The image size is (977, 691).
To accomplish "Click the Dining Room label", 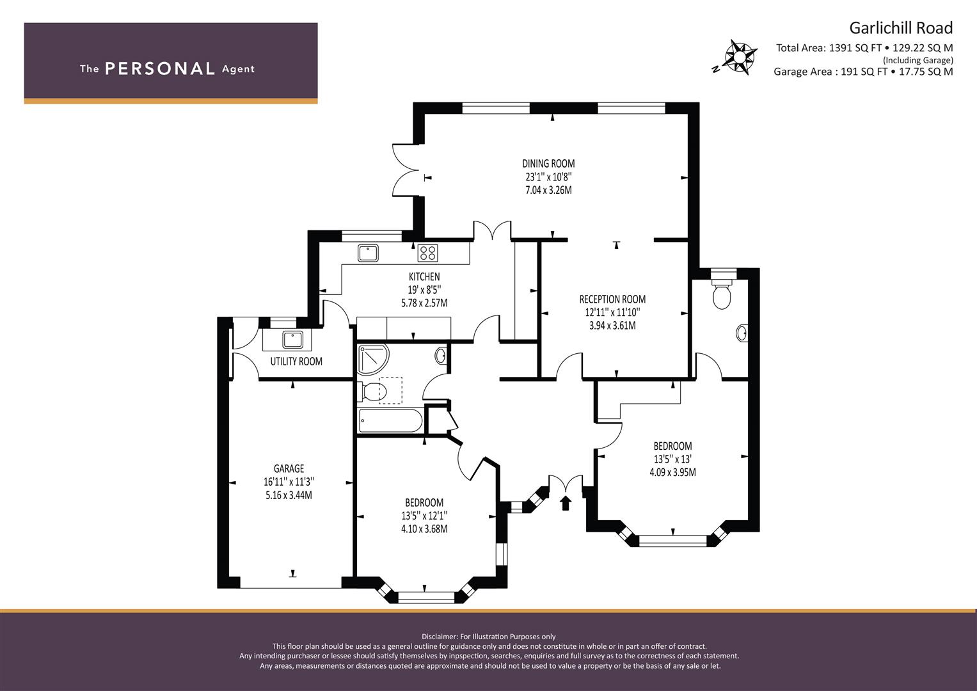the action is point(548,164).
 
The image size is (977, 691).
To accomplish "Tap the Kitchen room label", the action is point(424,276).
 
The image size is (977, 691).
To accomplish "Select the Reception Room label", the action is point(612,299).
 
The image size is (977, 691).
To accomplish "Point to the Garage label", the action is point(289,468).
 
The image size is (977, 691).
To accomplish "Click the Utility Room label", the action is point(296,361).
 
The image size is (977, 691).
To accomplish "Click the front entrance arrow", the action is point(566,503).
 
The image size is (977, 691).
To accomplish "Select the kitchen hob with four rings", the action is point(427,253).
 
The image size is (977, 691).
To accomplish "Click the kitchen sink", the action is point(368,253).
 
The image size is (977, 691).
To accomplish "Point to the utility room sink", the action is point(292,339).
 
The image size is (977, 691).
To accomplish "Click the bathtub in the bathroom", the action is point(390,420).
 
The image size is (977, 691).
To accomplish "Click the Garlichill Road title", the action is point(901,28).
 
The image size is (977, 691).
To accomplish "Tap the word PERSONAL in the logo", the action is point(160,69).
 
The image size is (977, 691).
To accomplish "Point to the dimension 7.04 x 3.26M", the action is point(548,190).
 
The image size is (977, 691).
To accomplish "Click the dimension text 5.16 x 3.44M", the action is point(289,495).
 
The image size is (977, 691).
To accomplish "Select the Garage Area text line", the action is point(864,72).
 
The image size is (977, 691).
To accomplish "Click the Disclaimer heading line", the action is point(489,637).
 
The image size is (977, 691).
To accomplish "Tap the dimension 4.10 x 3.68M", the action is point(424,529).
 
